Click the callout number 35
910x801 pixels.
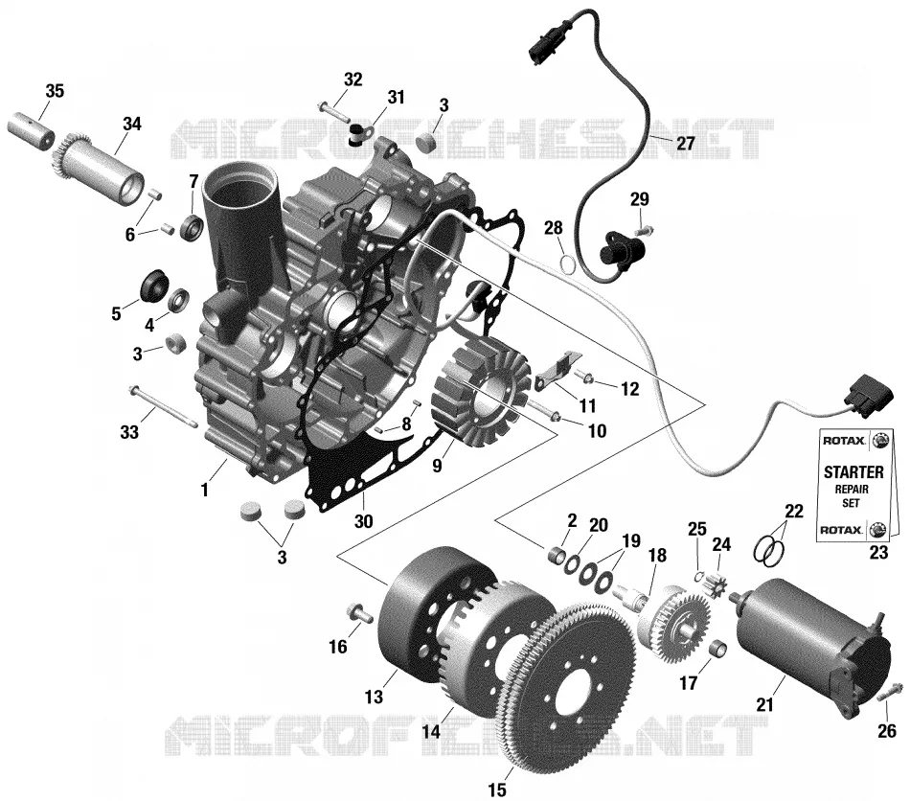55,91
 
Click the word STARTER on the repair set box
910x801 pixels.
853,472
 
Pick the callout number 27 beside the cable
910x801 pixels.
686,143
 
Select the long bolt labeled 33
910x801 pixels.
164,408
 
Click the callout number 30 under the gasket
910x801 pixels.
363,520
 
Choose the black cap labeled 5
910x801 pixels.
155,286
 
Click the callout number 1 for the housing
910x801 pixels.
204,490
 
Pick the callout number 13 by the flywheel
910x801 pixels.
374,696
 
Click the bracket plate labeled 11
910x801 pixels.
558,370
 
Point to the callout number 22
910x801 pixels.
794,511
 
